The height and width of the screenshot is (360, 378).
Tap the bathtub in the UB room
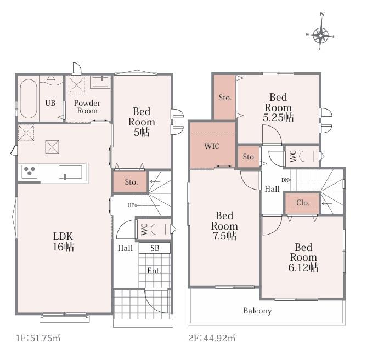[28, 99]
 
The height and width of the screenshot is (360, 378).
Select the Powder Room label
[87, 107]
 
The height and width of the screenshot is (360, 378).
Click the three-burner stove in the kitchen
[30, 171]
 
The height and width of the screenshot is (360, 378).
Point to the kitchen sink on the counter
[70, 172]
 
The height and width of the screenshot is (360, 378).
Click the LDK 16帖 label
[63, 242]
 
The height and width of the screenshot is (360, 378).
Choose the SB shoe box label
[155, 248]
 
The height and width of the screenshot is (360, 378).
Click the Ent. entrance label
[154, 271]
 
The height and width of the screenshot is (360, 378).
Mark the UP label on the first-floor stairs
[131, 205]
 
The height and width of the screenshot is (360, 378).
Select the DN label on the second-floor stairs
[285, 180]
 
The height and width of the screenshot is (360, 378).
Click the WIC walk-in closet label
[212, 146]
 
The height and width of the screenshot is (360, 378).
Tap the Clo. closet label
[303, 203]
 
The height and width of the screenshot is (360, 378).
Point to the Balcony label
[257, 311]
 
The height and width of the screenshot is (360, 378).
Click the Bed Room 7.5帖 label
[224, 226]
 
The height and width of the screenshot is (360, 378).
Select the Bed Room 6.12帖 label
[303, 258]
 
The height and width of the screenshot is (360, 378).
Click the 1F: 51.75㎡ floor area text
[38, 338]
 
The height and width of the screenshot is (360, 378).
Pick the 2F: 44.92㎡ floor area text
[212, 338]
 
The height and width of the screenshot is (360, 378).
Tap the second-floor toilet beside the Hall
[309, 156]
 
